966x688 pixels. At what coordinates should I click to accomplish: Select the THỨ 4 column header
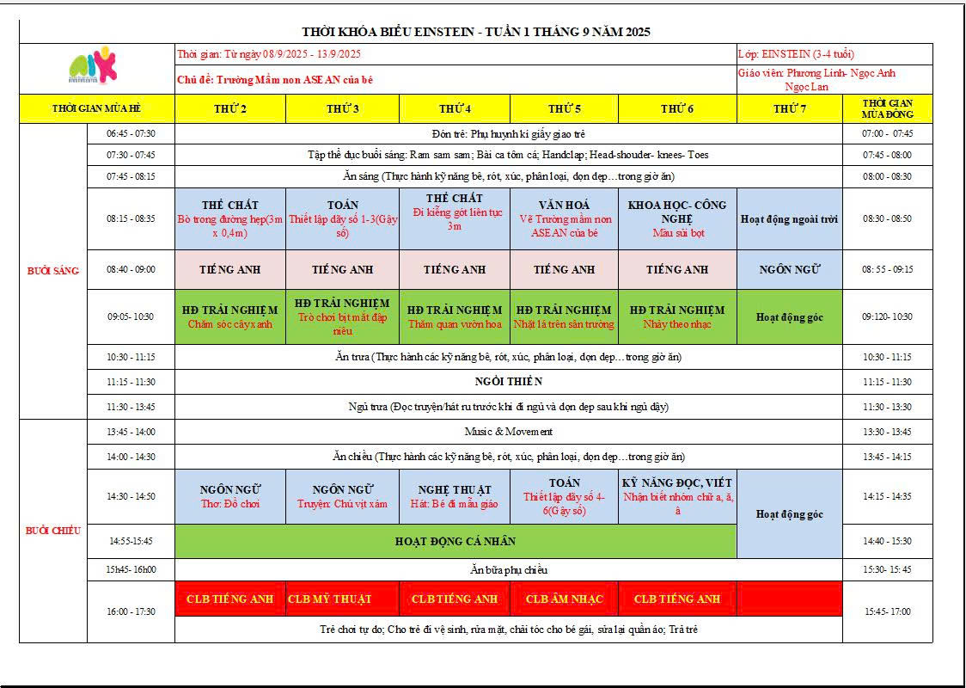(454, 108)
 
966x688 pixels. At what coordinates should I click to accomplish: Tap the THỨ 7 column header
(789, 108)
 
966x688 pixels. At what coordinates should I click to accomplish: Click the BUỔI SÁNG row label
(53, 271)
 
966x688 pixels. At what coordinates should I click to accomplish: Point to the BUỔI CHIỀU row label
(53, 531)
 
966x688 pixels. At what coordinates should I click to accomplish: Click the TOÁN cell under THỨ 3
(342, 218)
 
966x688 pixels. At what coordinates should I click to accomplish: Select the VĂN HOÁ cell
(564, 218)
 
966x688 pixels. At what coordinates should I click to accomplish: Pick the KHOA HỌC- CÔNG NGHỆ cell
(677, 218)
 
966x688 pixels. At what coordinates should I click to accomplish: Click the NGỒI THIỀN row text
(508, 381)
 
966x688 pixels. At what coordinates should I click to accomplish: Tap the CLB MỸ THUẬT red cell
(342, 599)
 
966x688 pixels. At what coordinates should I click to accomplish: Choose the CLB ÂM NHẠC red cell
(564, 599)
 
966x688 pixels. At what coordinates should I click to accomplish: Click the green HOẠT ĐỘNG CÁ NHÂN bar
(455, 541)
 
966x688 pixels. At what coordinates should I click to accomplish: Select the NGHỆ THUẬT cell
(454, 496)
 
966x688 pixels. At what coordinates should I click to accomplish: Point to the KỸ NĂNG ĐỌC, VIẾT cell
(677, 495)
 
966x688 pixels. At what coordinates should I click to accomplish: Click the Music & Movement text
(508, 432)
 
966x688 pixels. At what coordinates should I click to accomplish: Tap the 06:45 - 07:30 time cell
(131, 134)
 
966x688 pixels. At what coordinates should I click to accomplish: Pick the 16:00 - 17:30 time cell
(131, 611)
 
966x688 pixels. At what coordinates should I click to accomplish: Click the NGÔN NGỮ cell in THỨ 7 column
(789, 269)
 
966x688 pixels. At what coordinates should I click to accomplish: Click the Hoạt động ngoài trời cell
(789, 218)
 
